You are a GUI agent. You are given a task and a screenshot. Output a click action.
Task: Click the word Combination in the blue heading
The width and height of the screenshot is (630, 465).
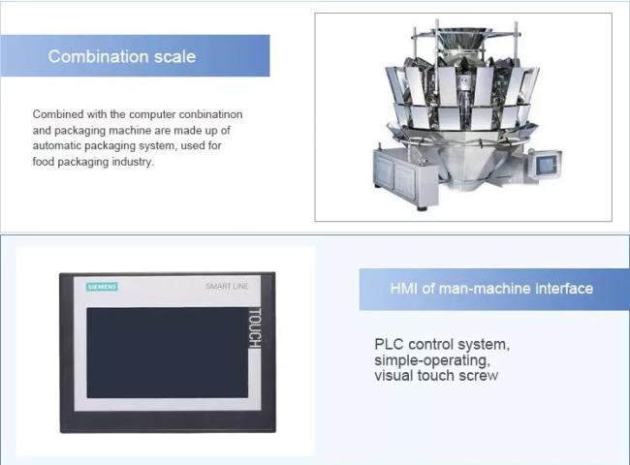99,56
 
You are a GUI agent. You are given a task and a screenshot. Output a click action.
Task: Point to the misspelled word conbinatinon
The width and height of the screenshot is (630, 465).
210,114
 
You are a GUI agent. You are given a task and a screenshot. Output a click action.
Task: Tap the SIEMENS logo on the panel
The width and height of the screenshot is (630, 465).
102,287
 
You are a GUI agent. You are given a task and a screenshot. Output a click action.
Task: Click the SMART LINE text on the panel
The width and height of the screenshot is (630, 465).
227,286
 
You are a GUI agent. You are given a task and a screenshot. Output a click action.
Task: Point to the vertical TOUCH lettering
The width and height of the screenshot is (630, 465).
255,328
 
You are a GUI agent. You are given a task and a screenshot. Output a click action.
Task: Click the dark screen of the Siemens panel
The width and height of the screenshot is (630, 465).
167,353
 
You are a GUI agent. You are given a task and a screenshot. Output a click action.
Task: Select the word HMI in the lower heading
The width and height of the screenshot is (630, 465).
404,289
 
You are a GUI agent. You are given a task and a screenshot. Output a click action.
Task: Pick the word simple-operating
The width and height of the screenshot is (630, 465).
432,360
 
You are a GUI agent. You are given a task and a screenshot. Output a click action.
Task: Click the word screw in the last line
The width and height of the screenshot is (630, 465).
479,376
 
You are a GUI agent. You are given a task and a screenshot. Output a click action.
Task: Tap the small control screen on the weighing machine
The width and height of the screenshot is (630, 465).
546,164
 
